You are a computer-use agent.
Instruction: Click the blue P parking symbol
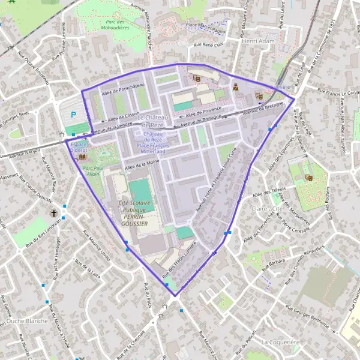(74, 115)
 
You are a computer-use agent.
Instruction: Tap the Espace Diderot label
(79, 148)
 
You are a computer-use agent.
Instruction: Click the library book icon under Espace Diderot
(82, 157)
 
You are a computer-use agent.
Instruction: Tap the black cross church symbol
(53, 213)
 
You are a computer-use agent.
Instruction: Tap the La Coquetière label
(280, 341)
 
